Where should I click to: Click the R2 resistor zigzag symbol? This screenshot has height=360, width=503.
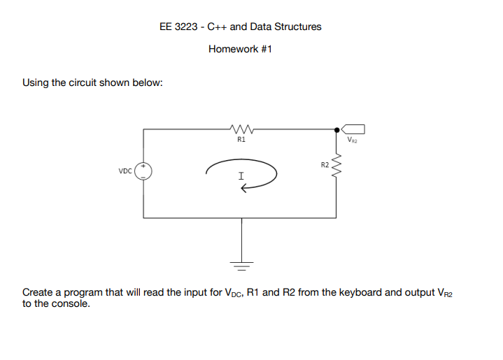click(336, 166)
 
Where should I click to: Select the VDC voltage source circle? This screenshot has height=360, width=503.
click(143, 170)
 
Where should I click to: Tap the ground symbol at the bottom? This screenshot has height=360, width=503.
click(242, 266)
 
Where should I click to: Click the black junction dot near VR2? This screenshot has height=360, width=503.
click(336, 129)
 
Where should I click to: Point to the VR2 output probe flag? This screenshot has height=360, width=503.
click(355, 129)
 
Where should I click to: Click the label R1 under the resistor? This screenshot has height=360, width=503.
click(241, 140)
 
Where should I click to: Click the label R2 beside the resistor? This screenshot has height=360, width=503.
click(325, 166)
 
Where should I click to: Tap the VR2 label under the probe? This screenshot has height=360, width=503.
click(352, 141)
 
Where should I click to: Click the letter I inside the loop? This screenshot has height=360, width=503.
click(241, 176)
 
